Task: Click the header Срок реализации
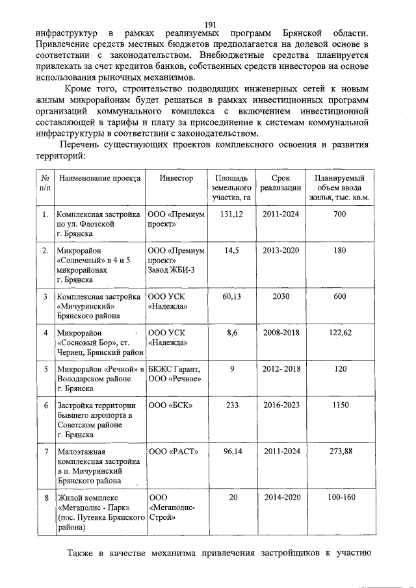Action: tap(281, 183)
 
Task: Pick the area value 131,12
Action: tap(231, 214)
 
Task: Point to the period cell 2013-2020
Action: tap(281, 249)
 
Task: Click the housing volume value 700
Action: tap(339, 214)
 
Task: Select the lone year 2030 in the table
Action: tap(281, 296)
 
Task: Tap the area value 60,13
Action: tap(231, 296)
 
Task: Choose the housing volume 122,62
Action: tap(339, 333)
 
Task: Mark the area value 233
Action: tap(231, 405)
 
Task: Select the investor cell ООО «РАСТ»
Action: tap(169, 450)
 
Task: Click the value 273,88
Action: tap(339, 450)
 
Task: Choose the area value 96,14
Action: tap(231, 450)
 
